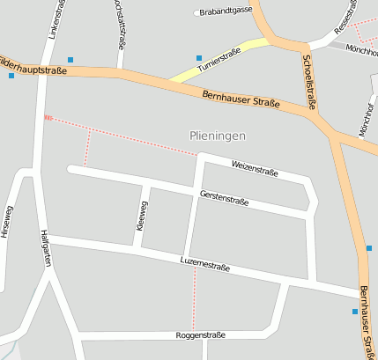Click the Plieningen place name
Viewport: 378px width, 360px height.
point(217,136)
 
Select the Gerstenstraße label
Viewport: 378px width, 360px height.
point(224,199)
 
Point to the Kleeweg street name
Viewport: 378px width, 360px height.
point(144,213)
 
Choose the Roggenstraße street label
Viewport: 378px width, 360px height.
point(201,335)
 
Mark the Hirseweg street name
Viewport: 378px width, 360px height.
point(8,222)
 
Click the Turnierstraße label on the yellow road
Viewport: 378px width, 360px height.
point(219,60)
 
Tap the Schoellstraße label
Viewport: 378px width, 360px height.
point(308,84)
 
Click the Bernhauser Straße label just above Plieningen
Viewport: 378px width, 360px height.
point(241,97)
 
